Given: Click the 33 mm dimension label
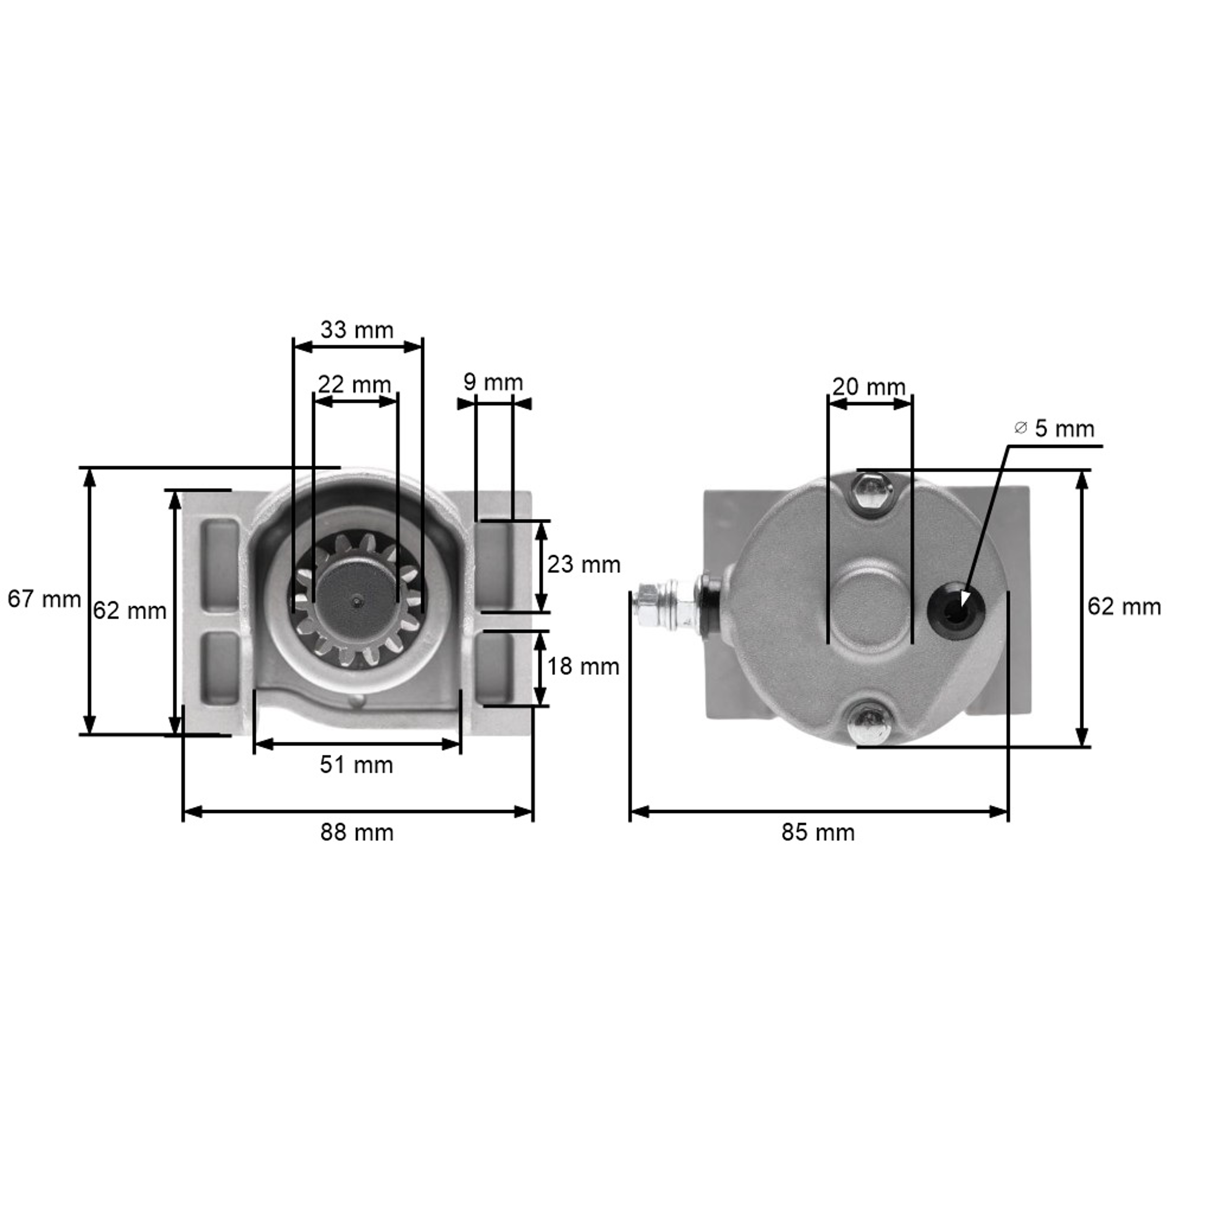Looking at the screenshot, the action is [x=357, y=330].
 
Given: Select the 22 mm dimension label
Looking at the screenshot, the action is [x=354, y=384].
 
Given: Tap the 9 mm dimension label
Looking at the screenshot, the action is [x=493, y=382].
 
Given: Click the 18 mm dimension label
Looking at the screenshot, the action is [x=583, y=666].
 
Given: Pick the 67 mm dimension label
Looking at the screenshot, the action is [x=44, y=599].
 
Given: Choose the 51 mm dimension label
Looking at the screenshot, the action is [x=356, y=765].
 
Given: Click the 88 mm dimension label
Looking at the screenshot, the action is [x=357, y=832].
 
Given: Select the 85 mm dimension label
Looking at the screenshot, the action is [x=818, y=832].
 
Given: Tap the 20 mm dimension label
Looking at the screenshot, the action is [x=869, y=386].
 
